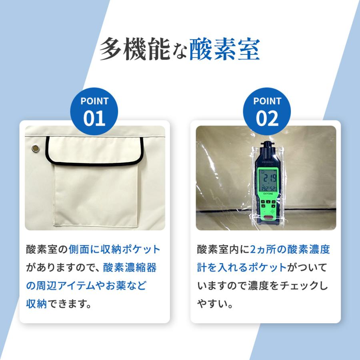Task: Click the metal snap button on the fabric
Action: click(36, 149)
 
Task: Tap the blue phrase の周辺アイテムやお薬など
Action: click(86, 286)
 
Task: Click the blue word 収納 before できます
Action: click(36, 304)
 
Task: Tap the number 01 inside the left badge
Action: click(94, 118)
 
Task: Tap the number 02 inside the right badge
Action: click(267, 118)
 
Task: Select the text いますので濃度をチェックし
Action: click(262, 286)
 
